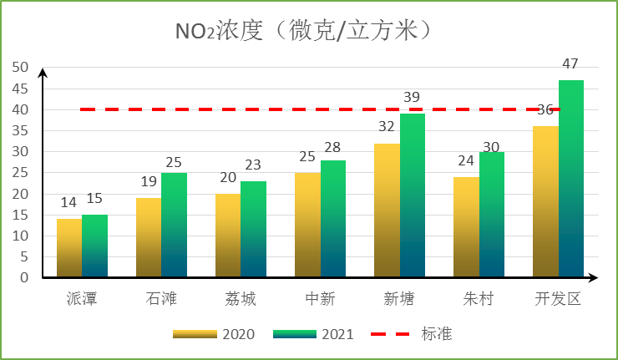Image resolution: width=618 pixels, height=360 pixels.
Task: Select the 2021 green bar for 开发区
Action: click(x=571, y=179)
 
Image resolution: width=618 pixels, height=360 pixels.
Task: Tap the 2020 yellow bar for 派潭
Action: click(x=68, y=248)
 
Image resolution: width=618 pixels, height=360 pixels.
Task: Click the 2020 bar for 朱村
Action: click(x=466, y=227)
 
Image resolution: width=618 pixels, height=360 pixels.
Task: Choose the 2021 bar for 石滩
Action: click(x=174, y=225)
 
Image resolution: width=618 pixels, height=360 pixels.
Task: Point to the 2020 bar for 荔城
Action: click(x=228, y=236)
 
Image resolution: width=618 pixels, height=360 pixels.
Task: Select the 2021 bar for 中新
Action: click(x=333, y=219)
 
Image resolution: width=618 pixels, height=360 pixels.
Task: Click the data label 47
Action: click(x=570, y=64)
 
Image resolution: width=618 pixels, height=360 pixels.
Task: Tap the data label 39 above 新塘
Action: click(x=412, y=98)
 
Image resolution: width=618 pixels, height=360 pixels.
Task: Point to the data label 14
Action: click(x=68, y=203)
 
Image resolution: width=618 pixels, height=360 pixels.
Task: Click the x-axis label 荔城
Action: click(x=241, y=299)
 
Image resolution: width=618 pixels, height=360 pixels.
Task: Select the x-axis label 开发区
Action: click(x=558, y=299)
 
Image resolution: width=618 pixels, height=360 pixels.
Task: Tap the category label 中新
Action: click(x=321, y=299)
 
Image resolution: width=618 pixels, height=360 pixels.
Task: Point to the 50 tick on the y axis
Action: click(x=20, y=68)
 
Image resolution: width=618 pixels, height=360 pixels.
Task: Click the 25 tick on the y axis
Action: click(x=20, y=173)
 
